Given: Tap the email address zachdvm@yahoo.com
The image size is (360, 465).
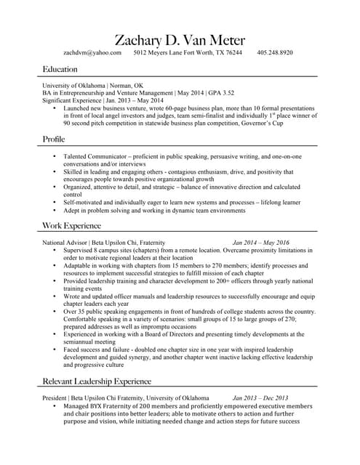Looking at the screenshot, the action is coord(92,53).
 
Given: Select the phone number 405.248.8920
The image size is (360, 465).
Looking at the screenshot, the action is coord(275,53).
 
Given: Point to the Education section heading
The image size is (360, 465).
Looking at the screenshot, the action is coord(60,69).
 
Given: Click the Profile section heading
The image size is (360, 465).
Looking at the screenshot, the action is coord(55,138).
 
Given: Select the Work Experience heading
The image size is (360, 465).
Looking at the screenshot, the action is coord(71,227).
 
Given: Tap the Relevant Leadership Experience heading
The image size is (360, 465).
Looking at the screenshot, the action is coord(97,381).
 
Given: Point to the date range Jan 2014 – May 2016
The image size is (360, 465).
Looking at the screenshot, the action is coord(260,242).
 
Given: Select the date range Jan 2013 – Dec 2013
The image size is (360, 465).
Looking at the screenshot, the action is coord(260,398).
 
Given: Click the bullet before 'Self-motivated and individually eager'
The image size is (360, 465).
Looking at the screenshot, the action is coord(54,203).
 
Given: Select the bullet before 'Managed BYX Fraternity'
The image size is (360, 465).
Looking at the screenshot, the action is coord(54,406).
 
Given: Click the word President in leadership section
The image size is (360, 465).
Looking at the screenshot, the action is coord(55,398).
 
